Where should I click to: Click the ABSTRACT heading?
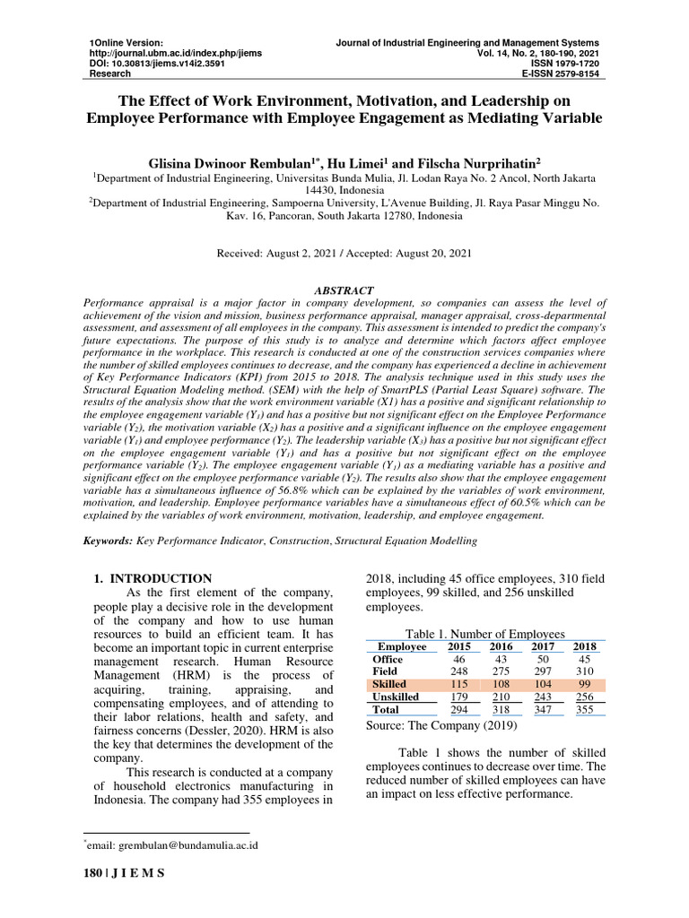coord(344,292)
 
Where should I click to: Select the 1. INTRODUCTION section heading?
coord(153,578)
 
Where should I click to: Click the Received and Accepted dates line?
coord(344,254)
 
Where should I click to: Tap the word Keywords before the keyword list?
coord(108,541)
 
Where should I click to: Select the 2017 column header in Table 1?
coord(542,646)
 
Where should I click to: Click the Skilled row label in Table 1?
coord(388,684)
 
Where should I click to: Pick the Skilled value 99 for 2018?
coord(584,684)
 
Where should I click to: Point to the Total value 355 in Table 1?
coord(584,709)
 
